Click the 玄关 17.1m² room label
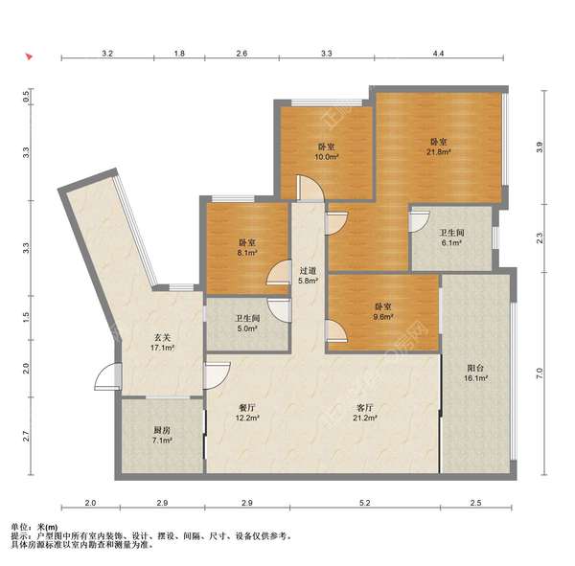162,343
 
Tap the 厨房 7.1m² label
162,435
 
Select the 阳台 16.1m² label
475,373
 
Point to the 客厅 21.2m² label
365,413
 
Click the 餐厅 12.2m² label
247,413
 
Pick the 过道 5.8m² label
308,276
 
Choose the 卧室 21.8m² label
438,147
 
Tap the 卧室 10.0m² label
326,152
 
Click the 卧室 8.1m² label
247,247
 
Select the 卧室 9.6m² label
383,311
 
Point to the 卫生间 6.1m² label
451,238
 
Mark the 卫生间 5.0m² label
247,323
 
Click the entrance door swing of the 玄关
107,376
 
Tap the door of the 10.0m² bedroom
310,189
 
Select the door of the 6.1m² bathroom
419,221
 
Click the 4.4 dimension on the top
438,54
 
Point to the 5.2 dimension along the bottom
365,503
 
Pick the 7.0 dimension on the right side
539,374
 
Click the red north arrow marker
29,57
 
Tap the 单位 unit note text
34,527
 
